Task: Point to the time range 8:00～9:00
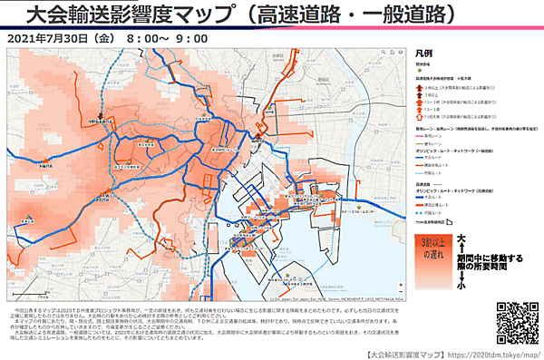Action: point(168,40)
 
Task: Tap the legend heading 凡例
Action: point(423,54)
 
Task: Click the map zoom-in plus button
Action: point(15,57)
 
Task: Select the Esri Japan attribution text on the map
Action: point(335,297)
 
